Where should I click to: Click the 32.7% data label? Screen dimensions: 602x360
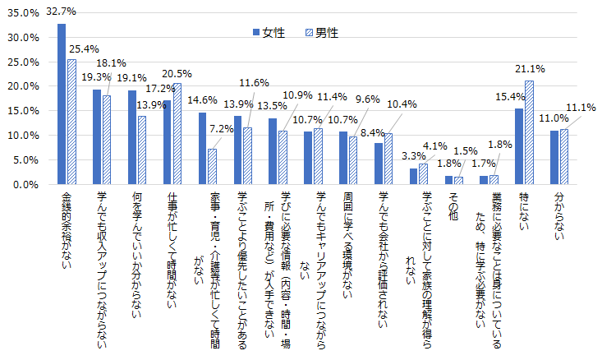point(61,12)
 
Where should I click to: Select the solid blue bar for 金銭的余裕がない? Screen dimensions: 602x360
point(62,104)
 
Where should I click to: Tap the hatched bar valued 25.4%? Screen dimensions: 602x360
point(71,122)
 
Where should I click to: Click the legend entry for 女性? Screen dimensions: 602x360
point(269,33)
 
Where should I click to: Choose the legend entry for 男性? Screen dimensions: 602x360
point(322,33)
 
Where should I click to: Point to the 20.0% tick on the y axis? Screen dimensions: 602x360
point(24,86)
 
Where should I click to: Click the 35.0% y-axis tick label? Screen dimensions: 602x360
point(24,13)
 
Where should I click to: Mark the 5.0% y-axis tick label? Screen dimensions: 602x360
point(26,160)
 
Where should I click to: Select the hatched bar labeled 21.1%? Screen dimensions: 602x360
point(529,132)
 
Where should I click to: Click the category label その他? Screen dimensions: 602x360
point(453,206)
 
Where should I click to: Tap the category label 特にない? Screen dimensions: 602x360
point(524,211)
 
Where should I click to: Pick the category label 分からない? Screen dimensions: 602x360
point(559,216)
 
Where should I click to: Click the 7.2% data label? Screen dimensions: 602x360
point(222,129)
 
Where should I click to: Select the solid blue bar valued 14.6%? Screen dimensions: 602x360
point(202,148)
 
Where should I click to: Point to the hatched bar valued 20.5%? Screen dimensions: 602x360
point(177,134)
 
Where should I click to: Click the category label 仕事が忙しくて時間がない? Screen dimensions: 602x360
point(172,250)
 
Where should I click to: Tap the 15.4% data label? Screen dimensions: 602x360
point(510,97)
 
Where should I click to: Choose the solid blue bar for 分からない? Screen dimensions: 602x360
point(554,158)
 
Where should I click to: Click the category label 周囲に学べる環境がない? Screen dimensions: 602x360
point(348,245)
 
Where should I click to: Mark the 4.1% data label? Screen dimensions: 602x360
point(435,146)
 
